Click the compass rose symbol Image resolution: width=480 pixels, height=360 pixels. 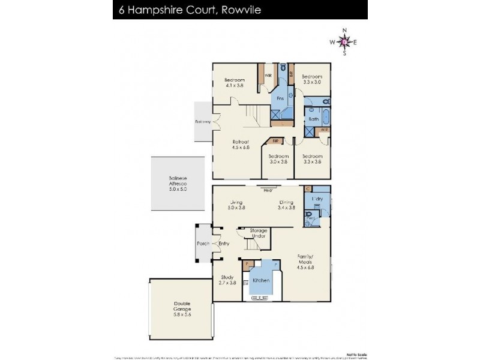point(344,41)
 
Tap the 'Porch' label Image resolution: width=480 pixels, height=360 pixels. point(203,244)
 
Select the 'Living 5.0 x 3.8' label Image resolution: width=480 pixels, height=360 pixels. point(236,205)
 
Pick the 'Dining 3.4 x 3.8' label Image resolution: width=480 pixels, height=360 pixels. point(286,205)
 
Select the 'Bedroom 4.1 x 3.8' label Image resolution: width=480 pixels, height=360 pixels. point(235,83)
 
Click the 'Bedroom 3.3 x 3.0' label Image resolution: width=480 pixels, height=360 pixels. point(312,79)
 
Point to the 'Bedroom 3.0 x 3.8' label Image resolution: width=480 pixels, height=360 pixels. point(278,159)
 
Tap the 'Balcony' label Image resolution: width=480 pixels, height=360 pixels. point(203,122)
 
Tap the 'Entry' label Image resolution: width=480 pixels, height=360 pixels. point(224,244)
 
